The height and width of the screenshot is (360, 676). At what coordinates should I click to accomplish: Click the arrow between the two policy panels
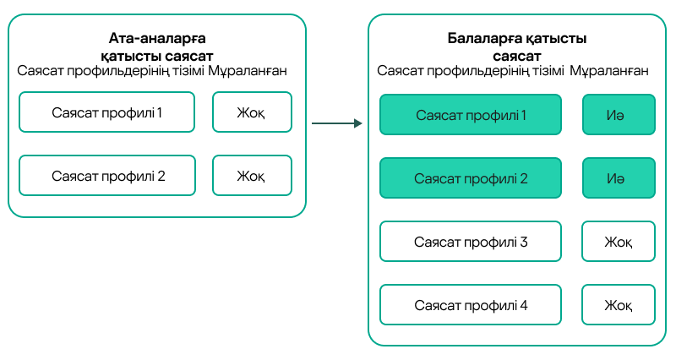pyautogui.click(x=336, y=124)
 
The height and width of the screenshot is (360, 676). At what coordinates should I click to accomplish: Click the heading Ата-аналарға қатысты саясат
pyautogui.click(x=157, y=46)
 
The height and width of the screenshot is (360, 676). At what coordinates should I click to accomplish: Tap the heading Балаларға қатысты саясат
pyautogui.click(x=517, y=46)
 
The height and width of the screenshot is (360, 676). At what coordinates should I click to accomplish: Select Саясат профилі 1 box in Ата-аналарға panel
pyautogui.click(x=106, y=112)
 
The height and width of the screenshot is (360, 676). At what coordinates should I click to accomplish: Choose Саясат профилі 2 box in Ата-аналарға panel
pyautogui.click(x=106, y=177)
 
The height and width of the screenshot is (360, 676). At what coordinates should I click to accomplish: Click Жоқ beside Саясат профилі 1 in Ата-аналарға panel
pyautogui.click(x=251, y=112)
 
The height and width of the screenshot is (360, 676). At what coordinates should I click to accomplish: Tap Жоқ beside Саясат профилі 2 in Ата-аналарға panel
pyautogui.click(x=251, y=177)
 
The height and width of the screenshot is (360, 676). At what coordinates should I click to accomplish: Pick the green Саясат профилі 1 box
pyautogui.click(x=471, y=115)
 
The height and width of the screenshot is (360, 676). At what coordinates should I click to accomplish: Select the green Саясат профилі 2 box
pyautogui.click(x=471, y=178)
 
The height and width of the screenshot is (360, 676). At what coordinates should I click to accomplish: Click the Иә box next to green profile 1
pyautogui.click(x=619, y=115)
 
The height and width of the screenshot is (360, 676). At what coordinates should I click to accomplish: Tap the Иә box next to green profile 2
pyautogui.click(x=619, y=178)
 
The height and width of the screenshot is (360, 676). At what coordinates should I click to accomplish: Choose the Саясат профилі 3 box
pyautogui.click(x=471, y=242)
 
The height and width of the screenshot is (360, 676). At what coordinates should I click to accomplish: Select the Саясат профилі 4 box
pyautogui.click(x=471, y=305)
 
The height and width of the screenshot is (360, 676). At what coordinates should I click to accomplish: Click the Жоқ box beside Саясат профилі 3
pyautogui.click(x=619, y=242)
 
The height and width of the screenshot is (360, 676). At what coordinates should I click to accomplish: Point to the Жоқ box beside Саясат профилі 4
pyautogui.click(x=619, y=305)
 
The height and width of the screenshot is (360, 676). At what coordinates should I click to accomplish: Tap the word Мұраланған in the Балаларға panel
pyautogui.click(x=609, y=71)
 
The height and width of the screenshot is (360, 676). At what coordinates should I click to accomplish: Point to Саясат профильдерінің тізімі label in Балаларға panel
pyautogui.click(x=471, y=71)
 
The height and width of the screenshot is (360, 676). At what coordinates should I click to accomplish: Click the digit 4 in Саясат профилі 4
pyautogui.click(x=524, y=305)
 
